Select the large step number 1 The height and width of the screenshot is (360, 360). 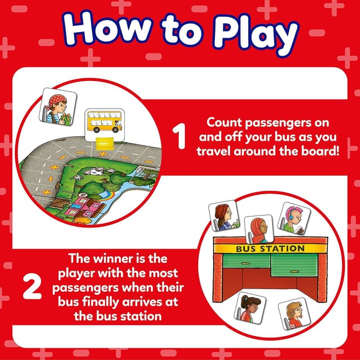(179, 137)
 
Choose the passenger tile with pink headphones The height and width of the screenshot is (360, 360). (295, 218)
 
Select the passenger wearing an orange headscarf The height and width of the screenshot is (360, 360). (259, 229)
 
